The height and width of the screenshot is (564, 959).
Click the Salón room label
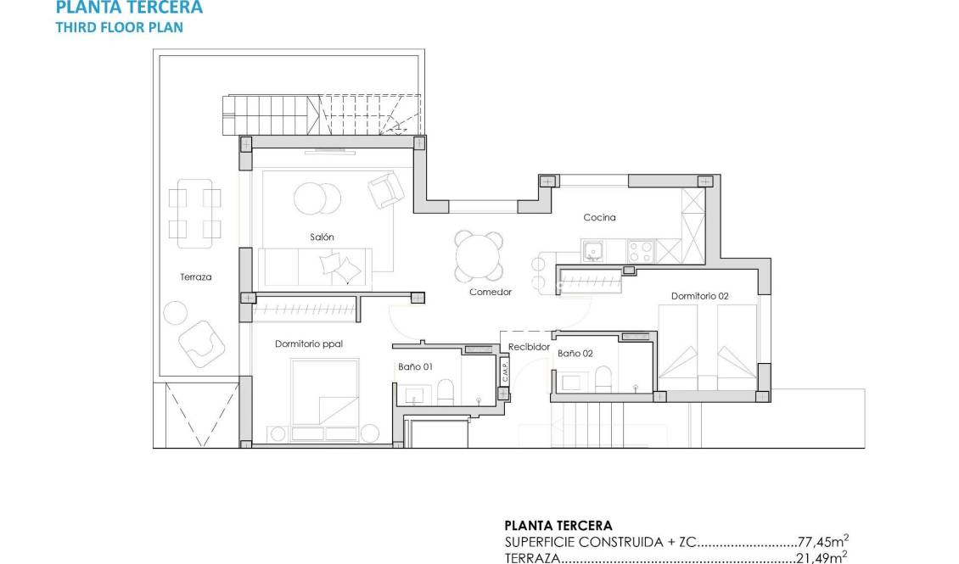tap(322, 237)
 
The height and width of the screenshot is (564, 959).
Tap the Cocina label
tap(599, 218)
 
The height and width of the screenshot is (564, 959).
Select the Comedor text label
tap(491, 292)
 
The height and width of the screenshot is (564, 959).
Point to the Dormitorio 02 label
tap(699, 296)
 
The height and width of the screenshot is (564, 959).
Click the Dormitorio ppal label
tap(308, 343)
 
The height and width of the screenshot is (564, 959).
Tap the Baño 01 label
tap(416, 367)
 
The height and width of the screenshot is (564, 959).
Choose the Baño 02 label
tap(575, 353)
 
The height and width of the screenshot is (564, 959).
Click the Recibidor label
tap(530, 347)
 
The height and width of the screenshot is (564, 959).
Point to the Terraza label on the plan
tap(195, 276)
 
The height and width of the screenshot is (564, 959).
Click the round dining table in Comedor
tap(478, 255)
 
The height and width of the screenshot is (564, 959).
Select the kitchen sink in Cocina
tap(592, 251)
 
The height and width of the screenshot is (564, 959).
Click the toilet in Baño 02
tap(603, 378)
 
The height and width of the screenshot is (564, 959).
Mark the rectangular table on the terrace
tap(194, 212)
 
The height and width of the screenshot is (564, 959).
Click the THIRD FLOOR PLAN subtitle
tap(119, 26)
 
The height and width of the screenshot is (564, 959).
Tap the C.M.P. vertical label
tap(504, 373)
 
